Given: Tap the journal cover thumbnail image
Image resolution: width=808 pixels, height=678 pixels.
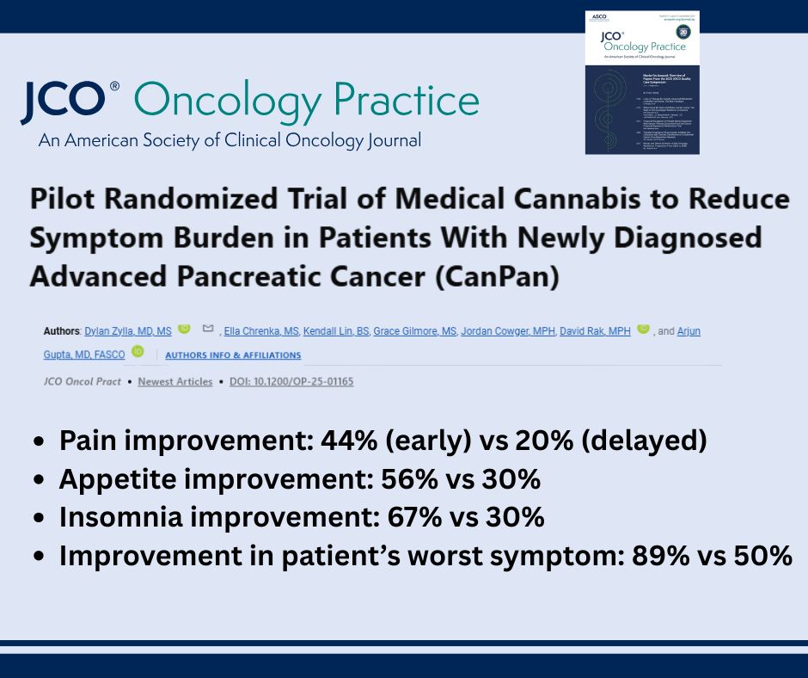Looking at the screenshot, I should click(x=642, y=83).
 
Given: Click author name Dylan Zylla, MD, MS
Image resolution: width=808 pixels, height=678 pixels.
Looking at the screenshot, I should click(x=128, y=331).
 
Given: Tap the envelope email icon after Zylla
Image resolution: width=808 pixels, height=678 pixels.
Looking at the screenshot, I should click(x=207, y=330).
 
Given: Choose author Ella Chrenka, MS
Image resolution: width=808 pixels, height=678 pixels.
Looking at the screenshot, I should click(x=260, y=331).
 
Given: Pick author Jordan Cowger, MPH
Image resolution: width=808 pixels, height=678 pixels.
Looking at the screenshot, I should click(x=507, y=331).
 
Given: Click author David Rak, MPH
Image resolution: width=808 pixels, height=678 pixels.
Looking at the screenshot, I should click(x=595, y=331).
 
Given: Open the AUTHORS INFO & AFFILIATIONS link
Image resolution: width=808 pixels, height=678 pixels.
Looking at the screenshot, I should click(x=233, y=355).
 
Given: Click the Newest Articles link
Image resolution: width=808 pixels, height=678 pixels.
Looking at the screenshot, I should click(x=174, y=381).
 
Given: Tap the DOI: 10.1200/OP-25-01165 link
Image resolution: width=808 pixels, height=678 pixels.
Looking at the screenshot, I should click(x=291, y=381).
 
